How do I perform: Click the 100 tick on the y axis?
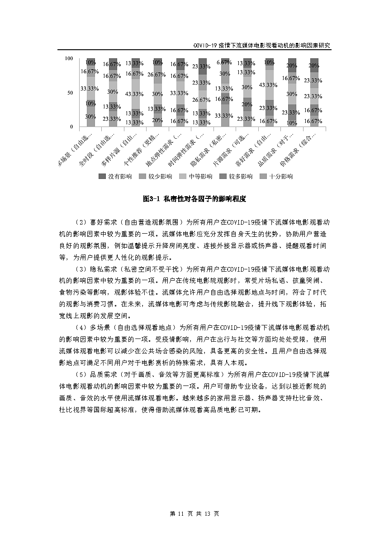(x=69, y=59)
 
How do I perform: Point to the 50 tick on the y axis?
(x=70, y=93)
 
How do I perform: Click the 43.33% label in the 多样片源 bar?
(x=134, y=94)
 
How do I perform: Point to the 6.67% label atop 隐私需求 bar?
(x=224, y=62)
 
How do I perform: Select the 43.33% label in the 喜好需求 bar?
(x=268, y=85)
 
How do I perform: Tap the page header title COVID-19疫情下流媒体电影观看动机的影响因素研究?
(x=261, y=46)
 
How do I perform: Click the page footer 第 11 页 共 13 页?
(x=194, y=514)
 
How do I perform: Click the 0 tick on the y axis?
(x=71, y=127)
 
